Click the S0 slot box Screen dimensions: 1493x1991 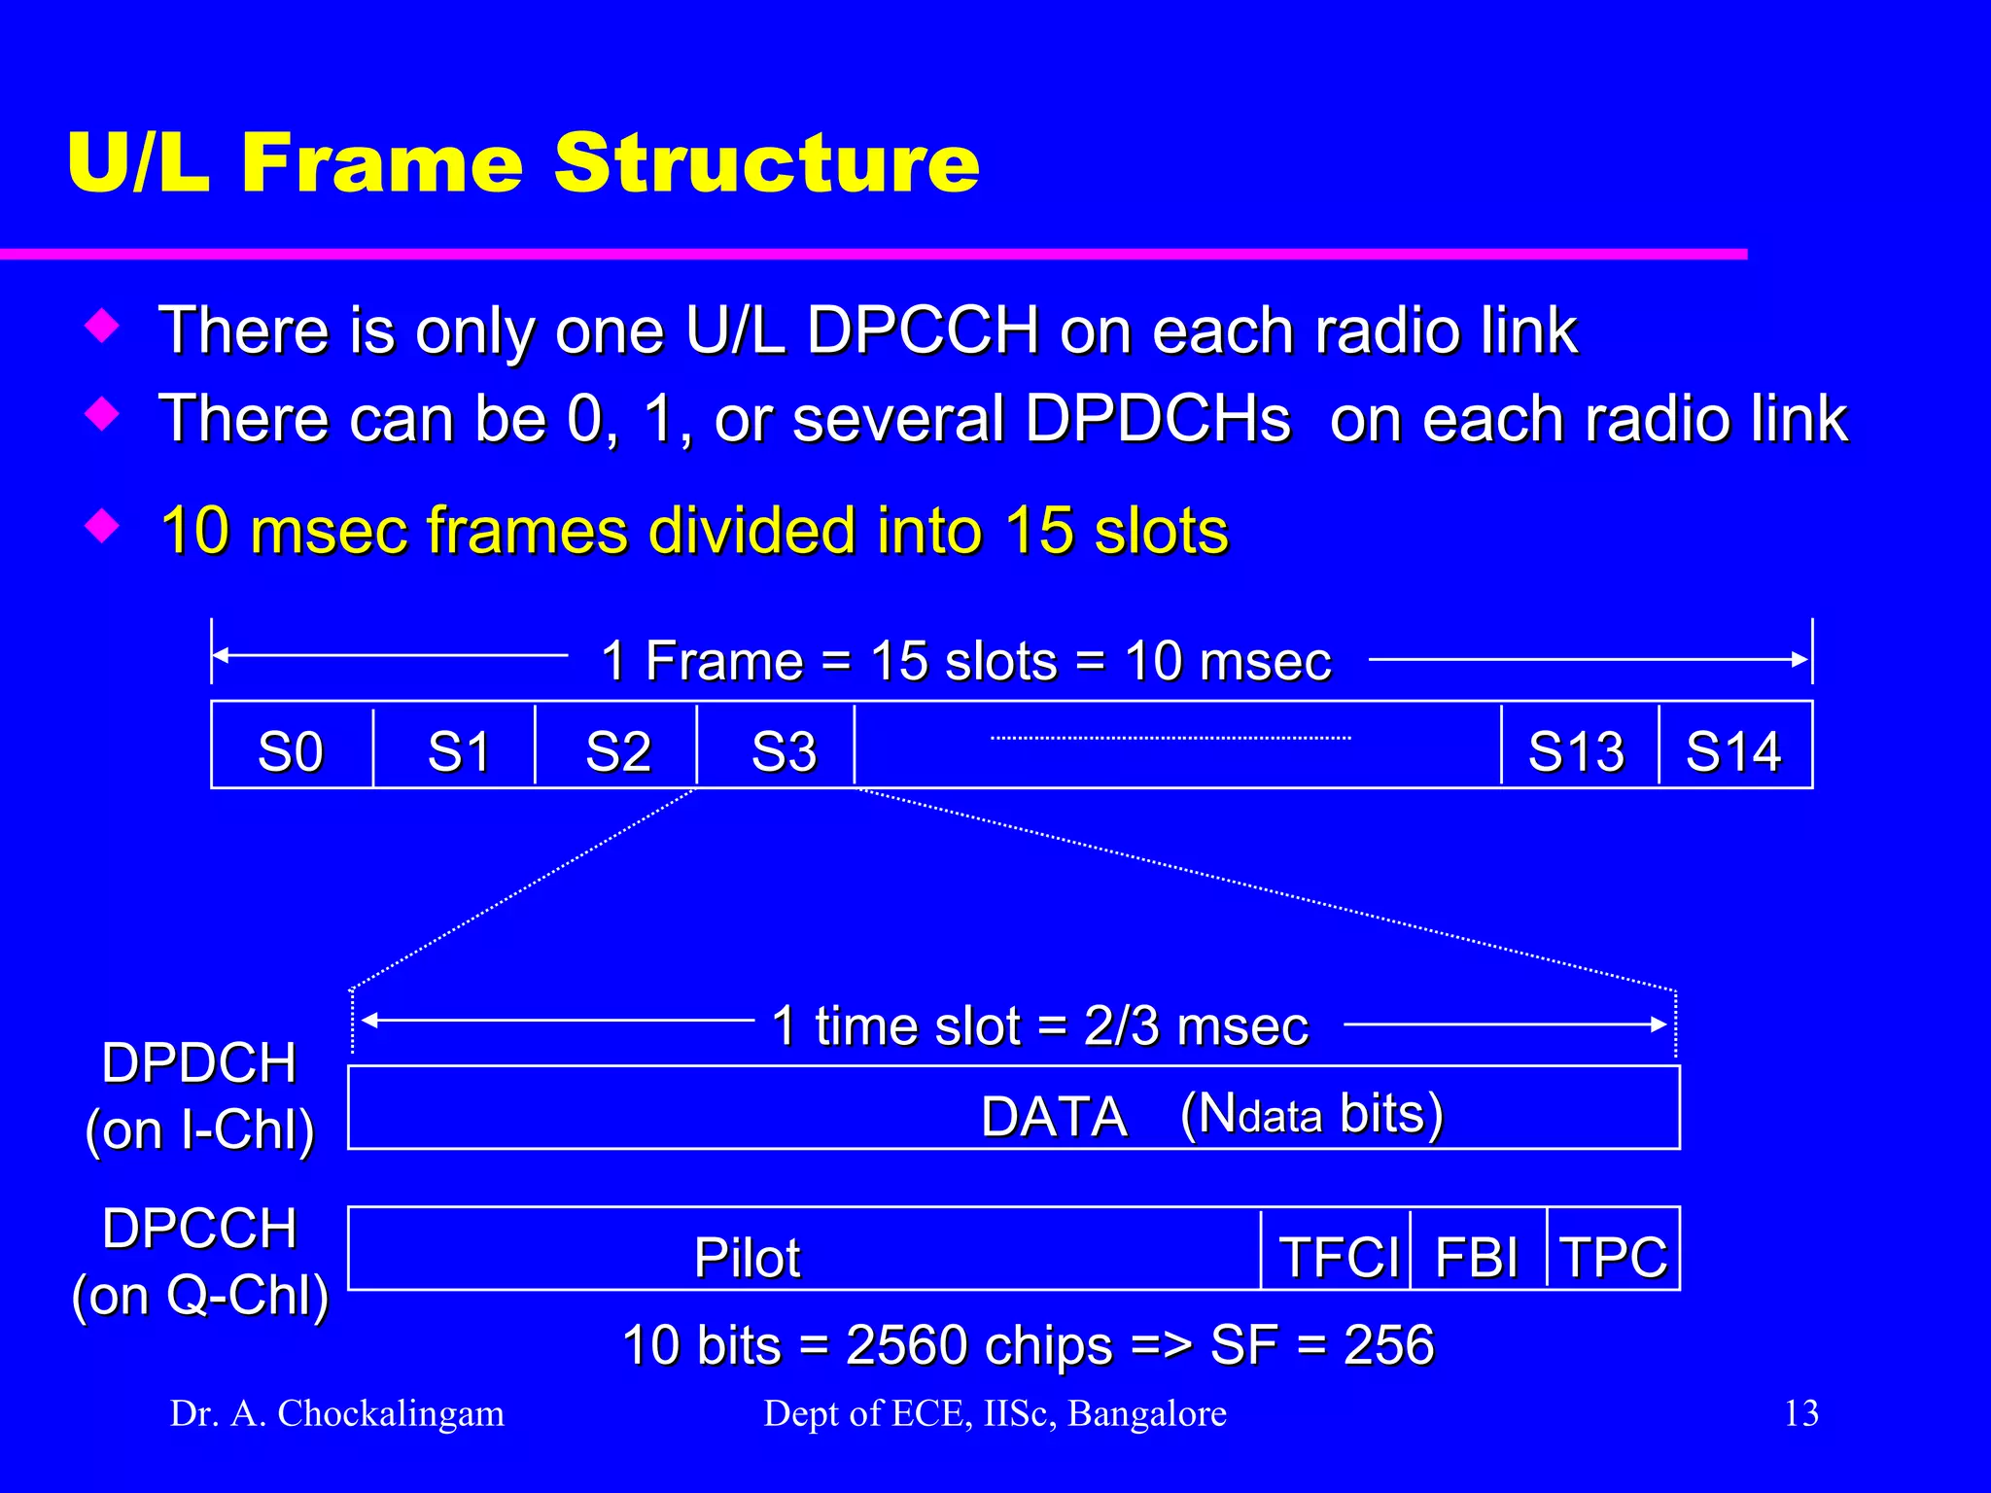291,749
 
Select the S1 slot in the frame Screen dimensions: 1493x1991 457,749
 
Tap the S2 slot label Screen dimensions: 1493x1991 617,749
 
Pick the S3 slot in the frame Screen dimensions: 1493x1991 783,749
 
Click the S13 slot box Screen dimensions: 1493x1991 1576,749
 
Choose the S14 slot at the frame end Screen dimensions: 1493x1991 1733,749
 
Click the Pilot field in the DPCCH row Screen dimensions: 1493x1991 747,1256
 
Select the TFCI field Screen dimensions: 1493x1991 1338,1256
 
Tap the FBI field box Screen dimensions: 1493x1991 1476,1256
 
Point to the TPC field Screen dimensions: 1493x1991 1613,1256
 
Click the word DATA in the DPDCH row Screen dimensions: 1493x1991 1054,1116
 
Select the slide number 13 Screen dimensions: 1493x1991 1800,1412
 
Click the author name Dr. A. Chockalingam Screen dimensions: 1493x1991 337,1412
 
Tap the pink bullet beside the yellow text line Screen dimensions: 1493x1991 102,526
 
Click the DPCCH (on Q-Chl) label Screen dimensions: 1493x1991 200,1262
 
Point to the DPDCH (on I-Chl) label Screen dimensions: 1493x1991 199,1096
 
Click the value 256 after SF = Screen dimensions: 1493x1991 1388,1345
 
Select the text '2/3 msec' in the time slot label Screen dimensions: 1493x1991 1195,1026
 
